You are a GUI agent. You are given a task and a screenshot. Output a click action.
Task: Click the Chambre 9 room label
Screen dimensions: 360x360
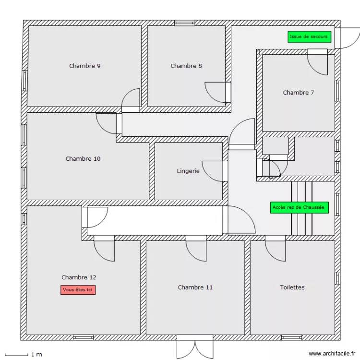[84, 66]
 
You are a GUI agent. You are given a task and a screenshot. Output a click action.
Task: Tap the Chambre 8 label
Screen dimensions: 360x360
[186, 66]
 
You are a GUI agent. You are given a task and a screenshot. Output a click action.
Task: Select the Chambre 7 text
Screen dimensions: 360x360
[298, 93]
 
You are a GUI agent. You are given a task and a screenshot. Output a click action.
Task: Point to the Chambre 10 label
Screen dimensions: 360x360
[83, 158]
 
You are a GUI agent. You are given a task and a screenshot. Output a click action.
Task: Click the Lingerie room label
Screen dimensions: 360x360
[188, 170]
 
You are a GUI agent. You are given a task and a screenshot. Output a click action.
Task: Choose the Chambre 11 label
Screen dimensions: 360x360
[195, 287]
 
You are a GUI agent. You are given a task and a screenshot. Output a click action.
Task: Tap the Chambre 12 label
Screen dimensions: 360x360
[79, 277]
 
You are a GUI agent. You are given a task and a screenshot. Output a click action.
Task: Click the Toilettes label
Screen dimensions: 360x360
[292, 287]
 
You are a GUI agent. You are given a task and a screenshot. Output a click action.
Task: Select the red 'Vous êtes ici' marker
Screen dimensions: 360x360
[78, 290]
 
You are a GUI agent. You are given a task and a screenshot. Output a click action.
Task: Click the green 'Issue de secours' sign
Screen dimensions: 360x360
[309, 36]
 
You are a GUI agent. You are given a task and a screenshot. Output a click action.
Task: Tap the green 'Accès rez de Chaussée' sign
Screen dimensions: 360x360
[299, 207]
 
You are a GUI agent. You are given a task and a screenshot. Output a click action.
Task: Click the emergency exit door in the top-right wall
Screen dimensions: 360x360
[347, 37]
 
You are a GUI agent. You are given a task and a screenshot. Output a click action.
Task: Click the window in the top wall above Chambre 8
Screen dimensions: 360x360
[185, 23]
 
